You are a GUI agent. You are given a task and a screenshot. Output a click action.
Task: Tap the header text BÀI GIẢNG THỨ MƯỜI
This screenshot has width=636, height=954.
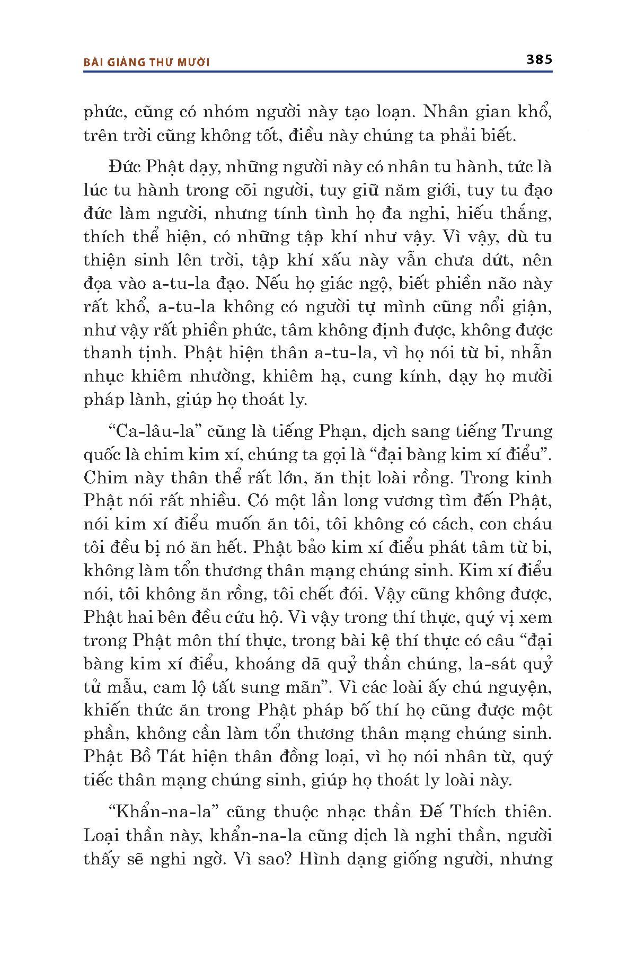pyautogui.click(x=147, y=63)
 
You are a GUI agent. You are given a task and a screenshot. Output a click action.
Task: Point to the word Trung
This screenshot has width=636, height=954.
pyautogui.click(x=527, y=431)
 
